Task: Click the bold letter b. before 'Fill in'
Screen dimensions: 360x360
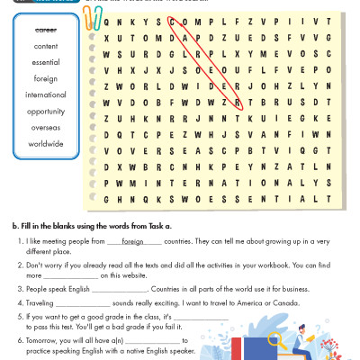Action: (13, 223)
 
